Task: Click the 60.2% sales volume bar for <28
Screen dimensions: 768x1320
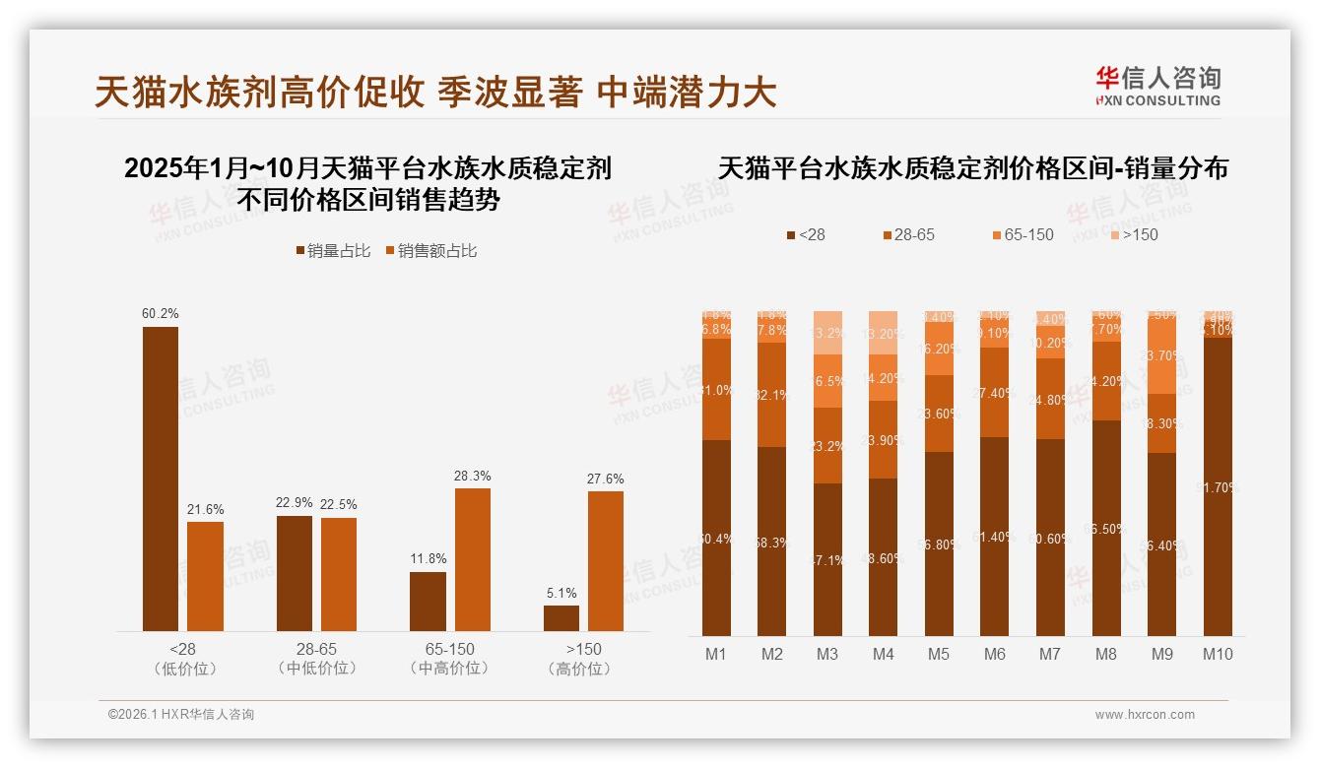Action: point(161,479)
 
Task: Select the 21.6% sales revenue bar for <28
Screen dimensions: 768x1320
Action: point(205,576)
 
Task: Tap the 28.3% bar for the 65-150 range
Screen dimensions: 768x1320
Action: point(472,559)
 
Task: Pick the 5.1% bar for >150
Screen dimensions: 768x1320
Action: point(561,618)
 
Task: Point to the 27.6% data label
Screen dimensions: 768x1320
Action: point(605,479)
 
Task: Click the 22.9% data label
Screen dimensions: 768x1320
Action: point(295,503)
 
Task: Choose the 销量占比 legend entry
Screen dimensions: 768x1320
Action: point(333,251)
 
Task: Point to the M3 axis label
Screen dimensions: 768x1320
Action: point(826,654)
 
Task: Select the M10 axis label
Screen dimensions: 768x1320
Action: point(1218,654)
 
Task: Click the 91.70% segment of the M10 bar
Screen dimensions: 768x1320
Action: point(1218,486)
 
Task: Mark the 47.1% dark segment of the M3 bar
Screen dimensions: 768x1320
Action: point(827,559)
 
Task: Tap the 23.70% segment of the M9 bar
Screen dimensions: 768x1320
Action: point(1162,356)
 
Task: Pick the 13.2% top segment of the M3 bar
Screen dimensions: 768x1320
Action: point(827,333)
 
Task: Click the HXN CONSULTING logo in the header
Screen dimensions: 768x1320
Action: point(1157,87)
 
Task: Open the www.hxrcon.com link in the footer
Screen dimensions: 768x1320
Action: point(1145,715)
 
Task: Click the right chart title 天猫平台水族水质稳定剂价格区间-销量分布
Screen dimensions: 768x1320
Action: point(973,168)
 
